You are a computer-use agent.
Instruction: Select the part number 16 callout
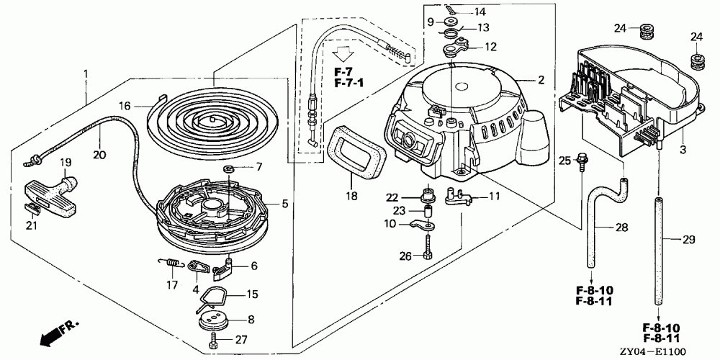(125, 105)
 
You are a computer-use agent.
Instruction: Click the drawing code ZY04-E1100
(674, 351)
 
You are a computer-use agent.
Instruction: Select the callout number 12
(491, 47)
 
